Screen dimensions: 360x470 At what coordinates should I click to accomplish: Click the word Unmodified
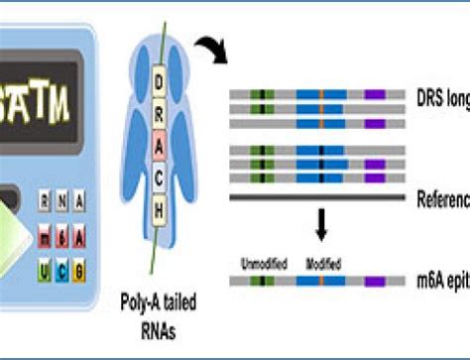point(265,265)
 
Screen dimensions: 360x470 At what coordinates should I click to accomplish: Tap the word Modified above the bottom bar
point(322,265)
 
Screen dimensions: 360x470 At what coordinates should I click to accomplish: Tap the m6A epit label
point(443,283)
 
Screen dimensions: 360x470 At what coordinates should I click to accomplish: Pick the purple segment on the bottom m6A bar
point(375,283)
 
